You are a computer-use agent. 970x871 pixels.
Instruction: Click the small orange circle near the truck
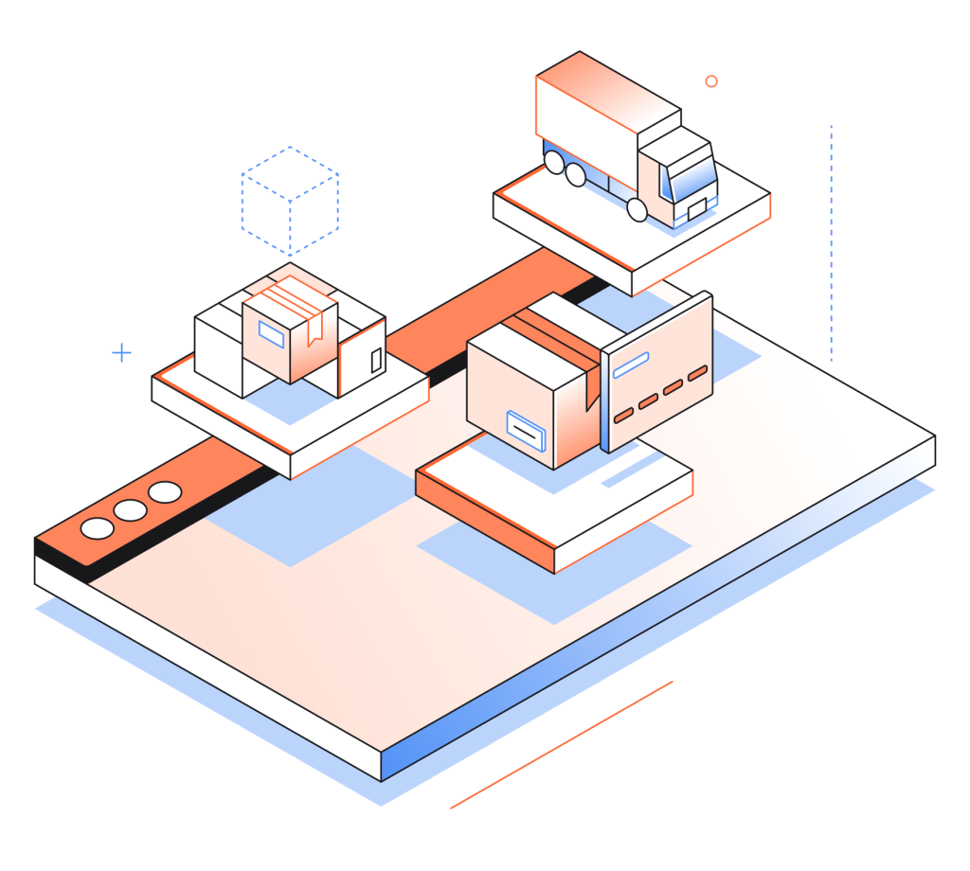coord(711,81)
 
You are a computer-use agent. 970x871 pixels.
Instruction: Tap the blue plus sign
coord(121,353)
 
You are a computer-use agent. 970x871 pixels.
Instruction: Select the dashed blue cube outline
coord(290,200)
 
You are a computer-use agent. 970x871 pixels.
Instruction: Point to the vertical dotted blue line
coord(831,242)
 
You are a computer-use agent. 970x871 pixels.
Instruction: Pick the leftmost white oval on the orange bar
coord(97,528)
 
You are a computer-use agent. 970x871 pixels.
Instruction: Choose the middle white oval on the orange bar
coord(131,510)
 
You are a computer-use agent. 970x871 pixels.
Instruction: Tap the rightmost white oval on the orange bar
coord(165,492)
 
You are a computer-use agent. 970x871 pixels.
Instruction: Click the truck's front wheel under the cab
coord(638,209)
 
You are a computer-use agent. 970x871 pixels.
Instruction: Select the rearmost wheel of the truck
coord(552,163)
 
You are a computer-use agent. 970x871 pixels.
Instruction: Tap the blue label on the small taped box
coord(270,334)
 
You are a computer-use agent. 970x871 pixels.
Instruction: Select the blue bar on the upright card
coord(630,364)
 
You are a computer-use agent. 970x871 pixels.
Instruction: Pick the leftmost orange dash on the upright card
coord(623,416)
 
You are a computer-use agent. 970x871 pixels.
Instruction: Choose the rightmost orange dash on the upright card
coord(697,373)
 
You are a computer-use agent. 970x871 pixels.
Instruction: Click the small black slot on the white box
coord(376,360)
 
